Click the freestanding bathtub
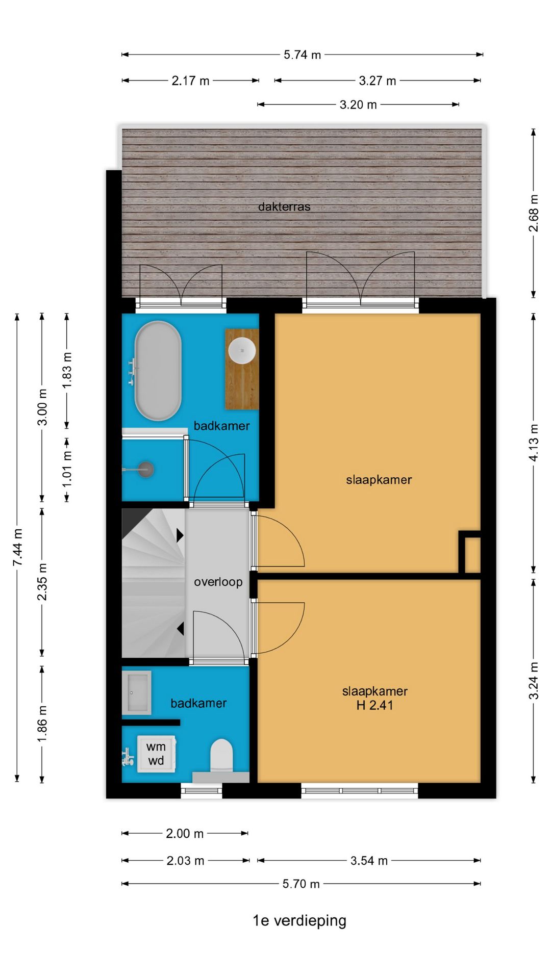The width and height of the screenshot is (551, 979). coord(158,371)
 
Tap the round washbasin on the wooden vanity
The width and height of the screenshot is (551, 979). coord(242,351)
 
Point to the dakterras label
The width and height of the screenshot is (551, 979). coord(284,207)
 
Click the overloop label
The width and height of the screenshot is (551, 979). coord(218,582)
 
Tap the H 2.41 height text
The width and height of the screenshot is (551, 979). coord(374,705)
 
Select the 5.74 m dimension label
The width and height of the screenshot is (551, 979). coord(302,55)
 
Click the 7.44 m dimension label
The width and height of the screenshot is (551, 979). coord(18,547)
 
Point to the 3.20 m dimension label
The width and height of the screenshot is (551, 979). coord(358,105)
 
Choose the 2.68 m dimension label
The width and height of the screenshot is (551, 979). coord(533,213)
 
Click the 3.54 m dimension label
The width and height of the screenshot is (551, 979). coord(369,861)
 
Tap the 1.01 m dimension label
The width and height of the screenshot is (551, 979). coord(67,469)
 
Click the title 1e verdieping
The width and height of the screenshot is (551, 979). coord(299,920)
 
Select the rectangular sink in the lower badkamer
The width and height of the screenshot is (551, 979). coord(137,692)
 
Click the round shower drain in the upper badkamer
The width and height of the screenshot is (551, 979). coord(146,469)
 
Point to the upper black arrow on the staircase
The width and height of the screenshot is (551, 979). coord(180,535)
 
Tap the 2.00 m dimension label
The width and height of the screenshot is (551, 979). coord(185,834)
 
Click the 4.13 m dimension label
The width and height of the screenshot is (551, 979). coord(533,443)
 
